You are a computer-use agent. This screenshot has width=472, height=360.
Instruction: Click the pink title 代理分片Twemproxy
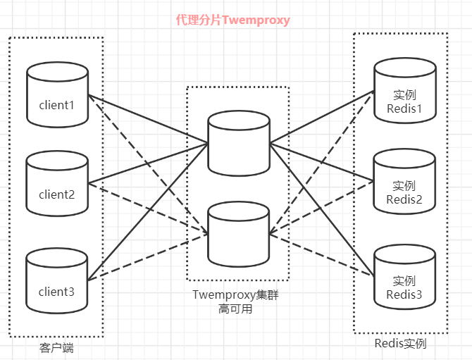pyautogui.click(x=232, y=20)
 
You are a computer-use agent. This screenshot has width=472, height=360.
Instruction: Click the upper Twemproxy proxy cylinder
pyautogui.click(x=239, y=141)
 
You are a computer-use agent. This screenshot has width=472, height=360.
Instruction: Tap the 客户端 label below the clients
pyautogui.click(x=56, y=348)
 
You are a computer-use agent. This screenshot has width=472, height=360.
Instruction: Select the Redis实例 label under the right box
pyautogui.click(x=401, y=344)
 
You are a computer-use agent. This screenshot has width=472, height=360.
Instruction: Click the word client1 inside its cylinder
pyautogui.click(x=56, y=105)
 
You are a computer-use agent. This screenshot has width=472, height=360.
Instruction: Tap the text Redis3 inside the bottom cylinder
pyautogui.click(x=404, y=294)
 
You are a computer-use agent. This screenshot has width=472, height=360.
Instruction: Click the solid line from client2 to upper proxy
pyautogui.click(x=148, y=163)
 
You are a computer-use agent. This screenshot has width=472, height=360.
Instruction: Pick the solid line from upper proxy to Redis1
pyautogui.click(x=321, y=118)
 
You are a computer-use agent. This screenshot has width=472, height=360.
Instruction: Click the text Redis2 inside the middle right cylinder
pyautogui.click(x=404, y=199)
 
